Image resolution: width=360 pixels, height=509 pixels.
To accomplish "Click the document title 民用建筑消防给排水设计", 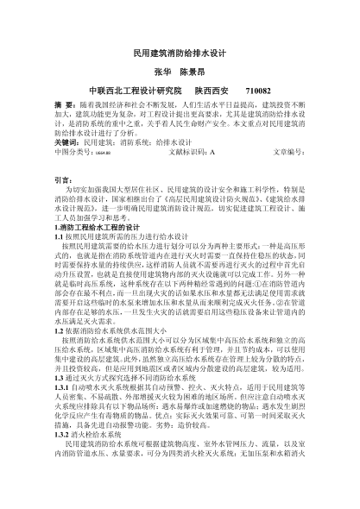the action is [x=180, y=53].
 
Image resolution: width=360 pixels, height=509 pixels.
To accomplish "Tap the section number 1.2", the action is [x=60, y=330].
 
